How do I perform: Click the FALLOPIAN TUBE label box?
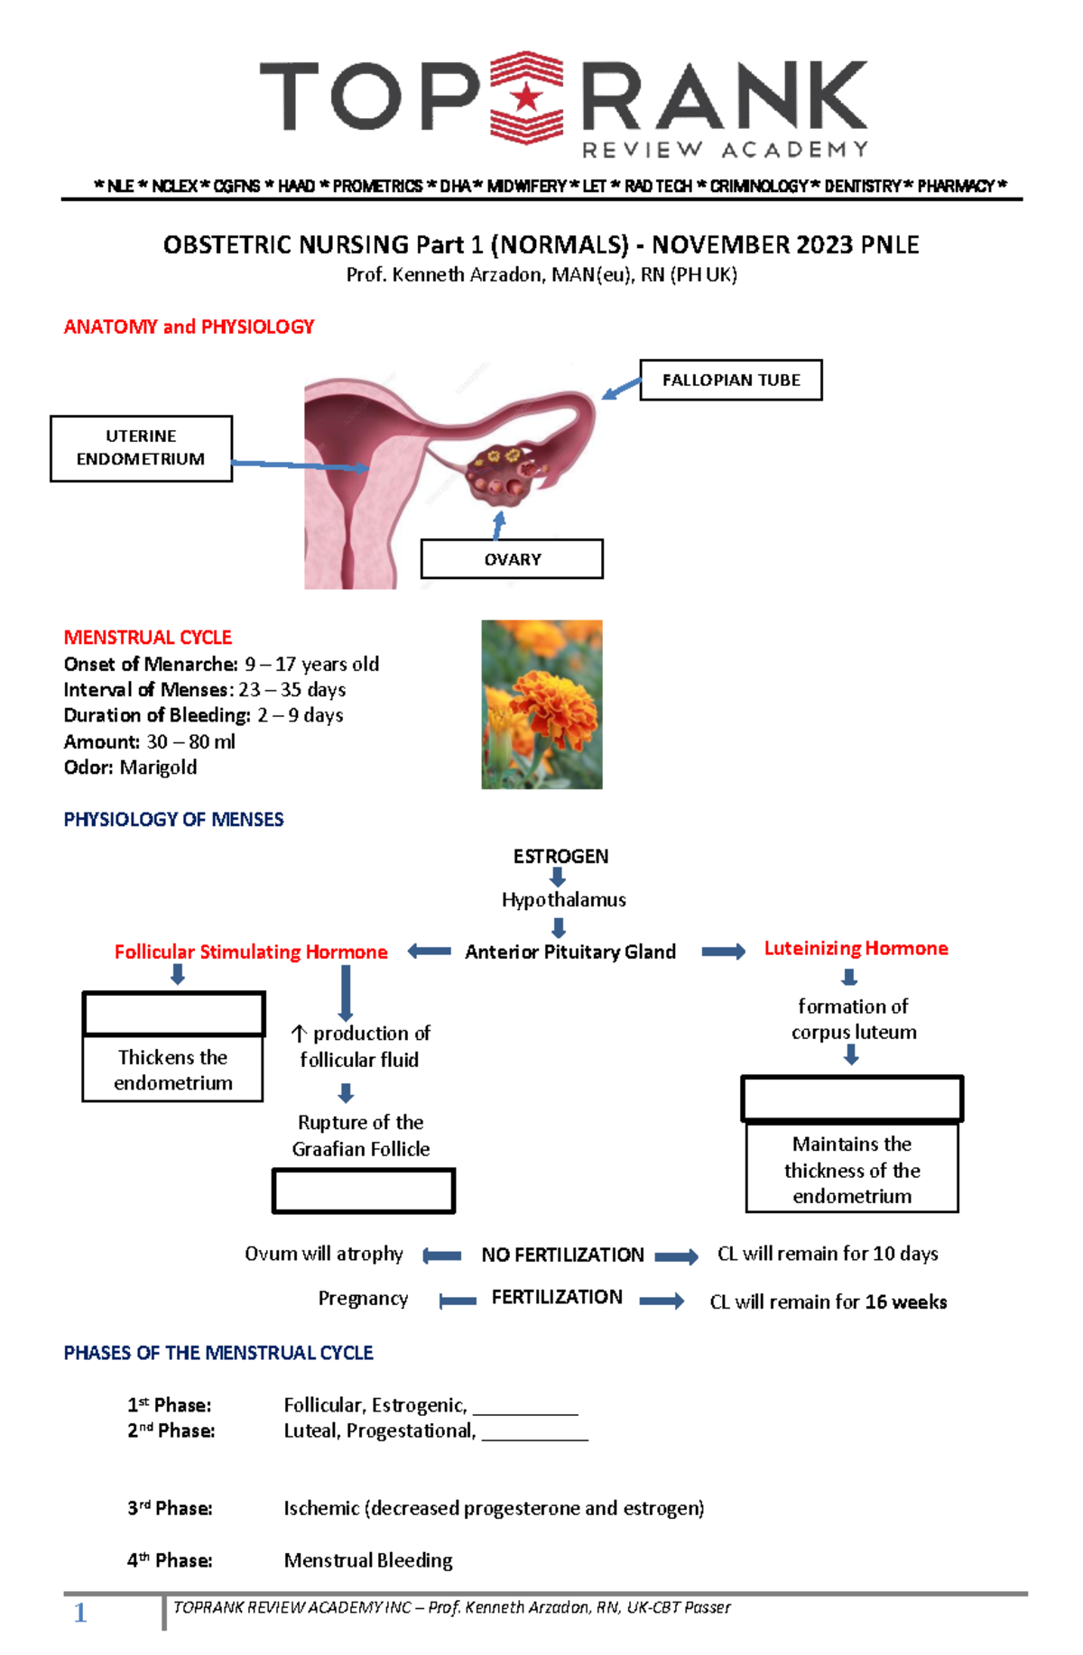[x=730, y=380]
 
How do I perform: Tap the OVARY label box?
[x=512, y=559]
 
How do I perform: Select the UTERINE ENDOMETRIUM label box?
[x=141, y=448]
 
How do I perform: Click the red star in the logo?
[x=527, y=97]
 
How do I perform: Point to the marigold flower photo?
[x=541, y=704]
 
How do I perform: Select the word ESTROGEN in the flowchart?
[x=560, y=856]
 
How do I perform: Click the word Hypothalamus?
[x=563, y=899]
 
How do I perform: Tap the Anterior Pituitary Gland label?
[x=569, y=952]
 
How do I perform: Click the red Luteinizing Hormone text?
[x=856, y=948]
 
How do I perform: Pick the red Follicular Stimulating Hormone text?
[x=251, y=952]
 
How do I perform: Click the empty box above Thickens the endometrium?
[x=173, y=1014]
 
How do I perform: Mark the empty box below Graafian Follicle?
[x=363, y=1191]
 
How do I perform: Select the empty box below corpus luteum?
[x=851, y=1099]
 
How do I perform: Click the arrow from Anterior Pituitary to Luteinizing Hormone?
[x=723, y=952]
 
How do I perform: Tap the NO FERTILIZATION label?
[x=562, y=1255]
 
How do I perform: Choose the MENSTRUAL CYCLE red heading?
[x=147, y=638]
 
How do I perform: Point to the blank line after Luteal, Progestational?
[x=534, y=1432]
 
